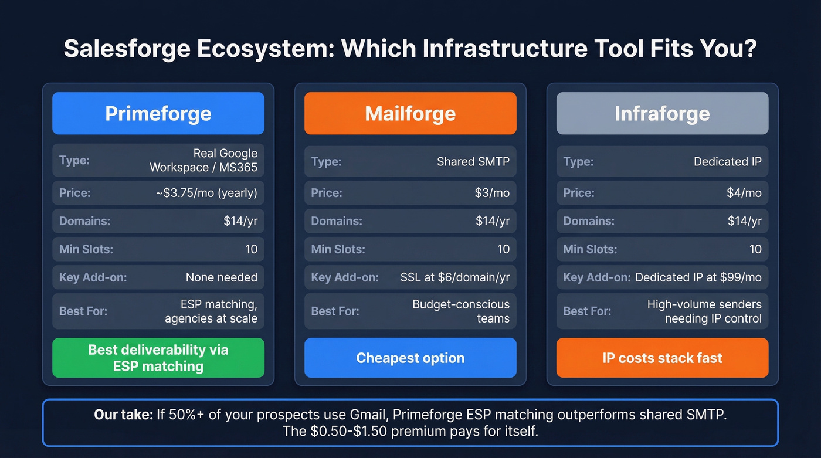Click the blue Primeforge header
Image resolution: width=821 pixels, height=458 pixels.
pos(158,113)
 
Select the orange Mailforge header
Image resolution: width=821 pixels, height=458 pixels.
pos(410,113)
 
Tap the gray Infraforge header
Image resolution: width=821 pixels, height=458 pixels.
pos(662,113)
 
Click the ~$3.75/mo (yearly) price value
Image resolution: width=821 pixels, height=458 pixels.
pos(206,193)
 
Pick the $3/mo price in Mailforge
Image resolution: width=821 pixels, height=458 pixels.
pos(492,193)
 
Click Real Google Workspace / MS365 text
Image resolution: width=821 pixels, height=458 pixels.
pos(203,160)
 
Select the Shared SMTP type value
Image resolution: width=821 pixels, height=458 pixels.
pos(473,161)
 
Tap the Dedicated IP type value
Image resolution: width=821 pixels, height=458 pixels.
pos(727,161)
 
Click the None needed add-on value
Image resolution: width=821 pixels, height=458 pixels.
pos(221,277)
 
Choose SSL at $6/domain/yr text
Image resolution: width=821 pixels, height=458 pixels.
pos(455,277)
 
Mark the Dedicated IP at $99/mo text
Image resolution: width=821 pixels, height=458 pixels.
pos(698,277)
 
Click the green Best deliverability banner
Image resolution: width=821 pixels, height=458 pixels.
pos(158,358)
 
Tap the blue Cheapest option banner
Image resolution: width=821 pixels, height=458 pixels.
pos(410,358)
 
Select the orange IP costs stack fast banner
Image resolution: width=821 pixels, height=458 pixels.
pos(662,358)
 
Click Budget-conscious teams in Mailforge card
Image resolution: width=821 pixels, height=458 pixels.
pos(461,311)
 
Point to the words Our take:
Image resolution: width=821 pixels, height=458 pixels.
pos(123,415)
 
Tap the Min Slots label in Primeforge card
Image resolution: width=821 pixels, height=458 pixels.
pos(86,249)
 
